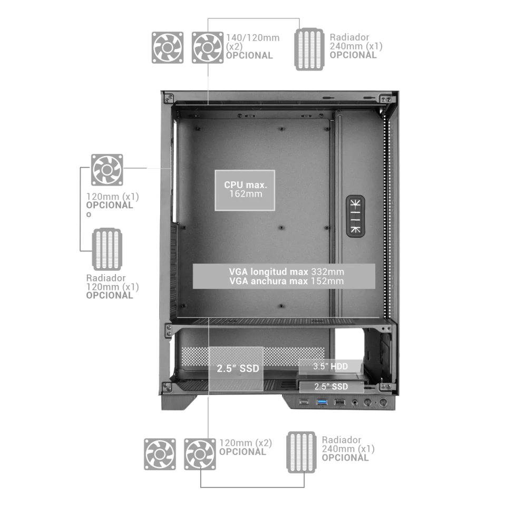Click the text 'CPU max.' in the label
(245, 185)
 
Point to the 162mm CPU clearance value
(245, 194)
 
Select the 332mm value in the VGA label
(327, 271)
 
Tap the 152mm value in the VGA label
(327, 281)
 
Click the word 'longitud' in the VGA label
(270, 271)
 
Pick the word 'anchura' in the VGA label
(270, 281)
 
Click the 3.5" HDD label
(330, 366)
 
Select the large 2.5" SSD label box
(237, 368)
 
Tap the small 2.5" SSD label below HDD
(331, 386)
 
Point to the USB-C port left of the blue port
(304, 403)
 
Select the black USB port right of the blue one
(340, 403)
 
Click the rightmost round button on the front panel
(384, 403)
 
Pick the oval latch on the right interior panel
(355, 216)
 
